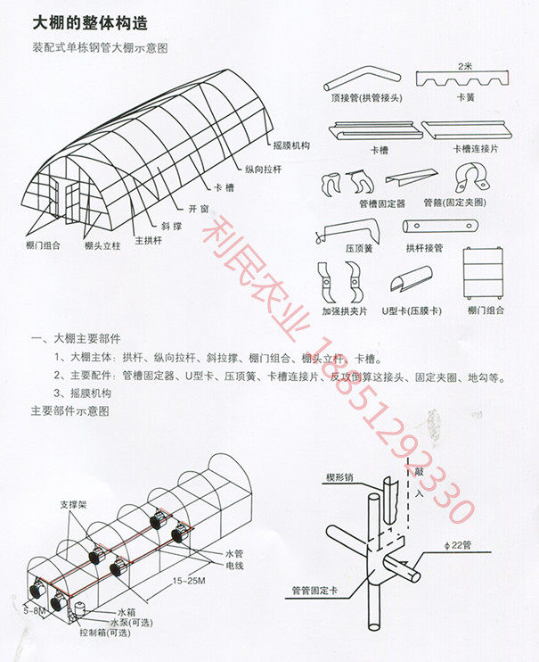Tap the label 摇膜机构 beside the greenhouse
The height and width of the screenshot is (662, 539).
pos(292,145)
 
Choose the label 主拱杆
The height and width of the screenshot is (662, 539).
pos(147,239)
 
